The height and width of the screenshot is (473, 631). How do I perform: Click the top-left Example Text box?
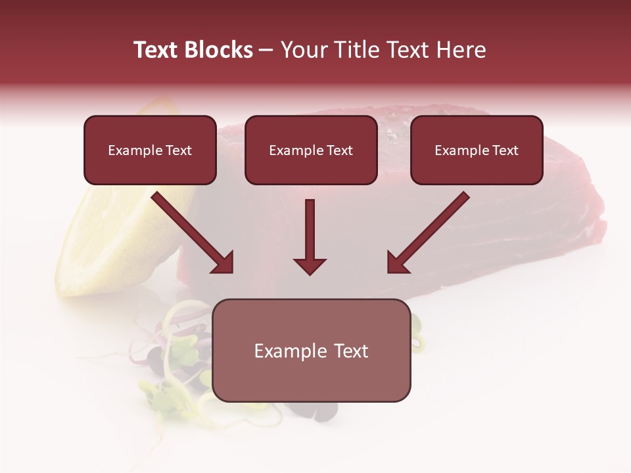(150, 150)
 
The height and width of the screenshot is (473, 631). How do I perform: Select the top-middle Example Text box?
(311, 150)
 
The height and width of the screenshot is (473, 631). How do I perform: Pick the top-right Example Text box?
(477, 150)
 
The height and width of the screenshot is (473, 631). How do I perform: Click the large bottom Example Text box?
(312, 350)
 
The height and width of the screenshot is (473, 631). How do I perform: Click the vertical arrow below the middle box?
(310, 233)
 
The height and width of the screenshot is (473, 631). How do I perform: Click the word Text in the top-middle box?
(339, 150)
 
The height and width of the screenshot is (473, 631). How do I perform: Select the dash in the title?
(266, 51)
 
